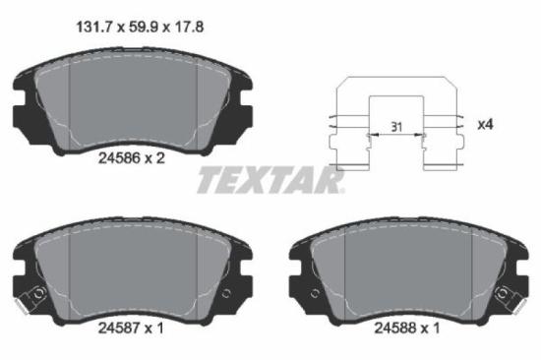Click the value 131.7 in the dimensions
[94, 29]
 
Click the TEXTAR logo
[270, 181]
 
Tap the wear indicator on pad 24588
[508, 292]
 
